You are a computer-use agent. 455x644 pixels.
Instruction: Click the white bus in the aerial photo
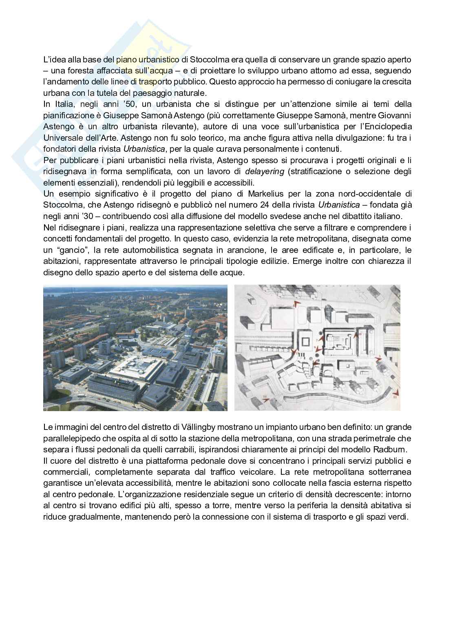tap(80, 396)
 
